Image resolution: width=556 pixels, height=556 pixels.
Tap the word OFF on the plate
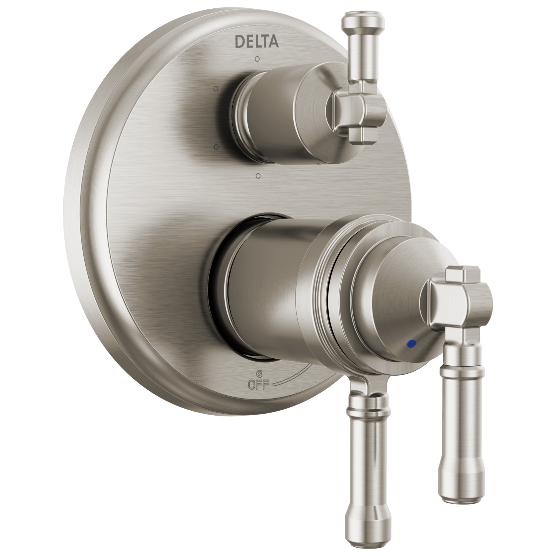259,384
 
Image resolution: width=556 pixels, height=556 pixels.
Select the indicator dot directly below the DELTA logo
257,59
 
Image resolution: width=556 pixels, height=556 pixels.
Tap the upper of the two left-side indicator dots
216,89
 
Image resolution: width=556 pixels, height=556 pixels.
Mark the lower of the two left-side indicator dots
216,147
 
